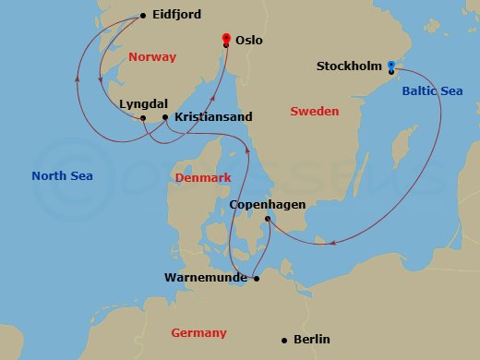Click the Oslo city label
pyautogui.click(x=256, y=41)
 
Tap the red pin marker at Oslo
pyautogui.click(x=225, y=40)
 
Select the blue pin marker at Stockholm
pyautogui.click(x=391, y=66)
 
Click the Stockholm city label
pyautogui.click(x=348, y=66)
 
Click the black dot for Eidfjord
pyautogui.click(x=142, y=15)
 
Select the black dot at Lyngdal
pyautogui.click(x=143, y=118)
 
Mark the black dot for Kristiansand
pyautogui.click(x=165, y=117)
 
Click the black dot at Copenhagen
pyautogui.click(x=268, y=219)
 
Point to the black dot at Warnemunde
pyautogui.click(x=257, y=277)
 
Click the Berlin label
pyautogui.click(x=311, y=340)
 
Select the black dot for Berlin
pyautogui.click(x=283, y=340)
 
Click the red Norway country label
pyautogui.click(x=152, y=57)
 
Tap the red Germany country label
pyautogui.click(x=198, y=332)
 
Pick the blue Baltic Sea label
pyautogui.click(x=431, y=90)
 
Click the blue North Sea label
pyautogui.click(x=62, y=175)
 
